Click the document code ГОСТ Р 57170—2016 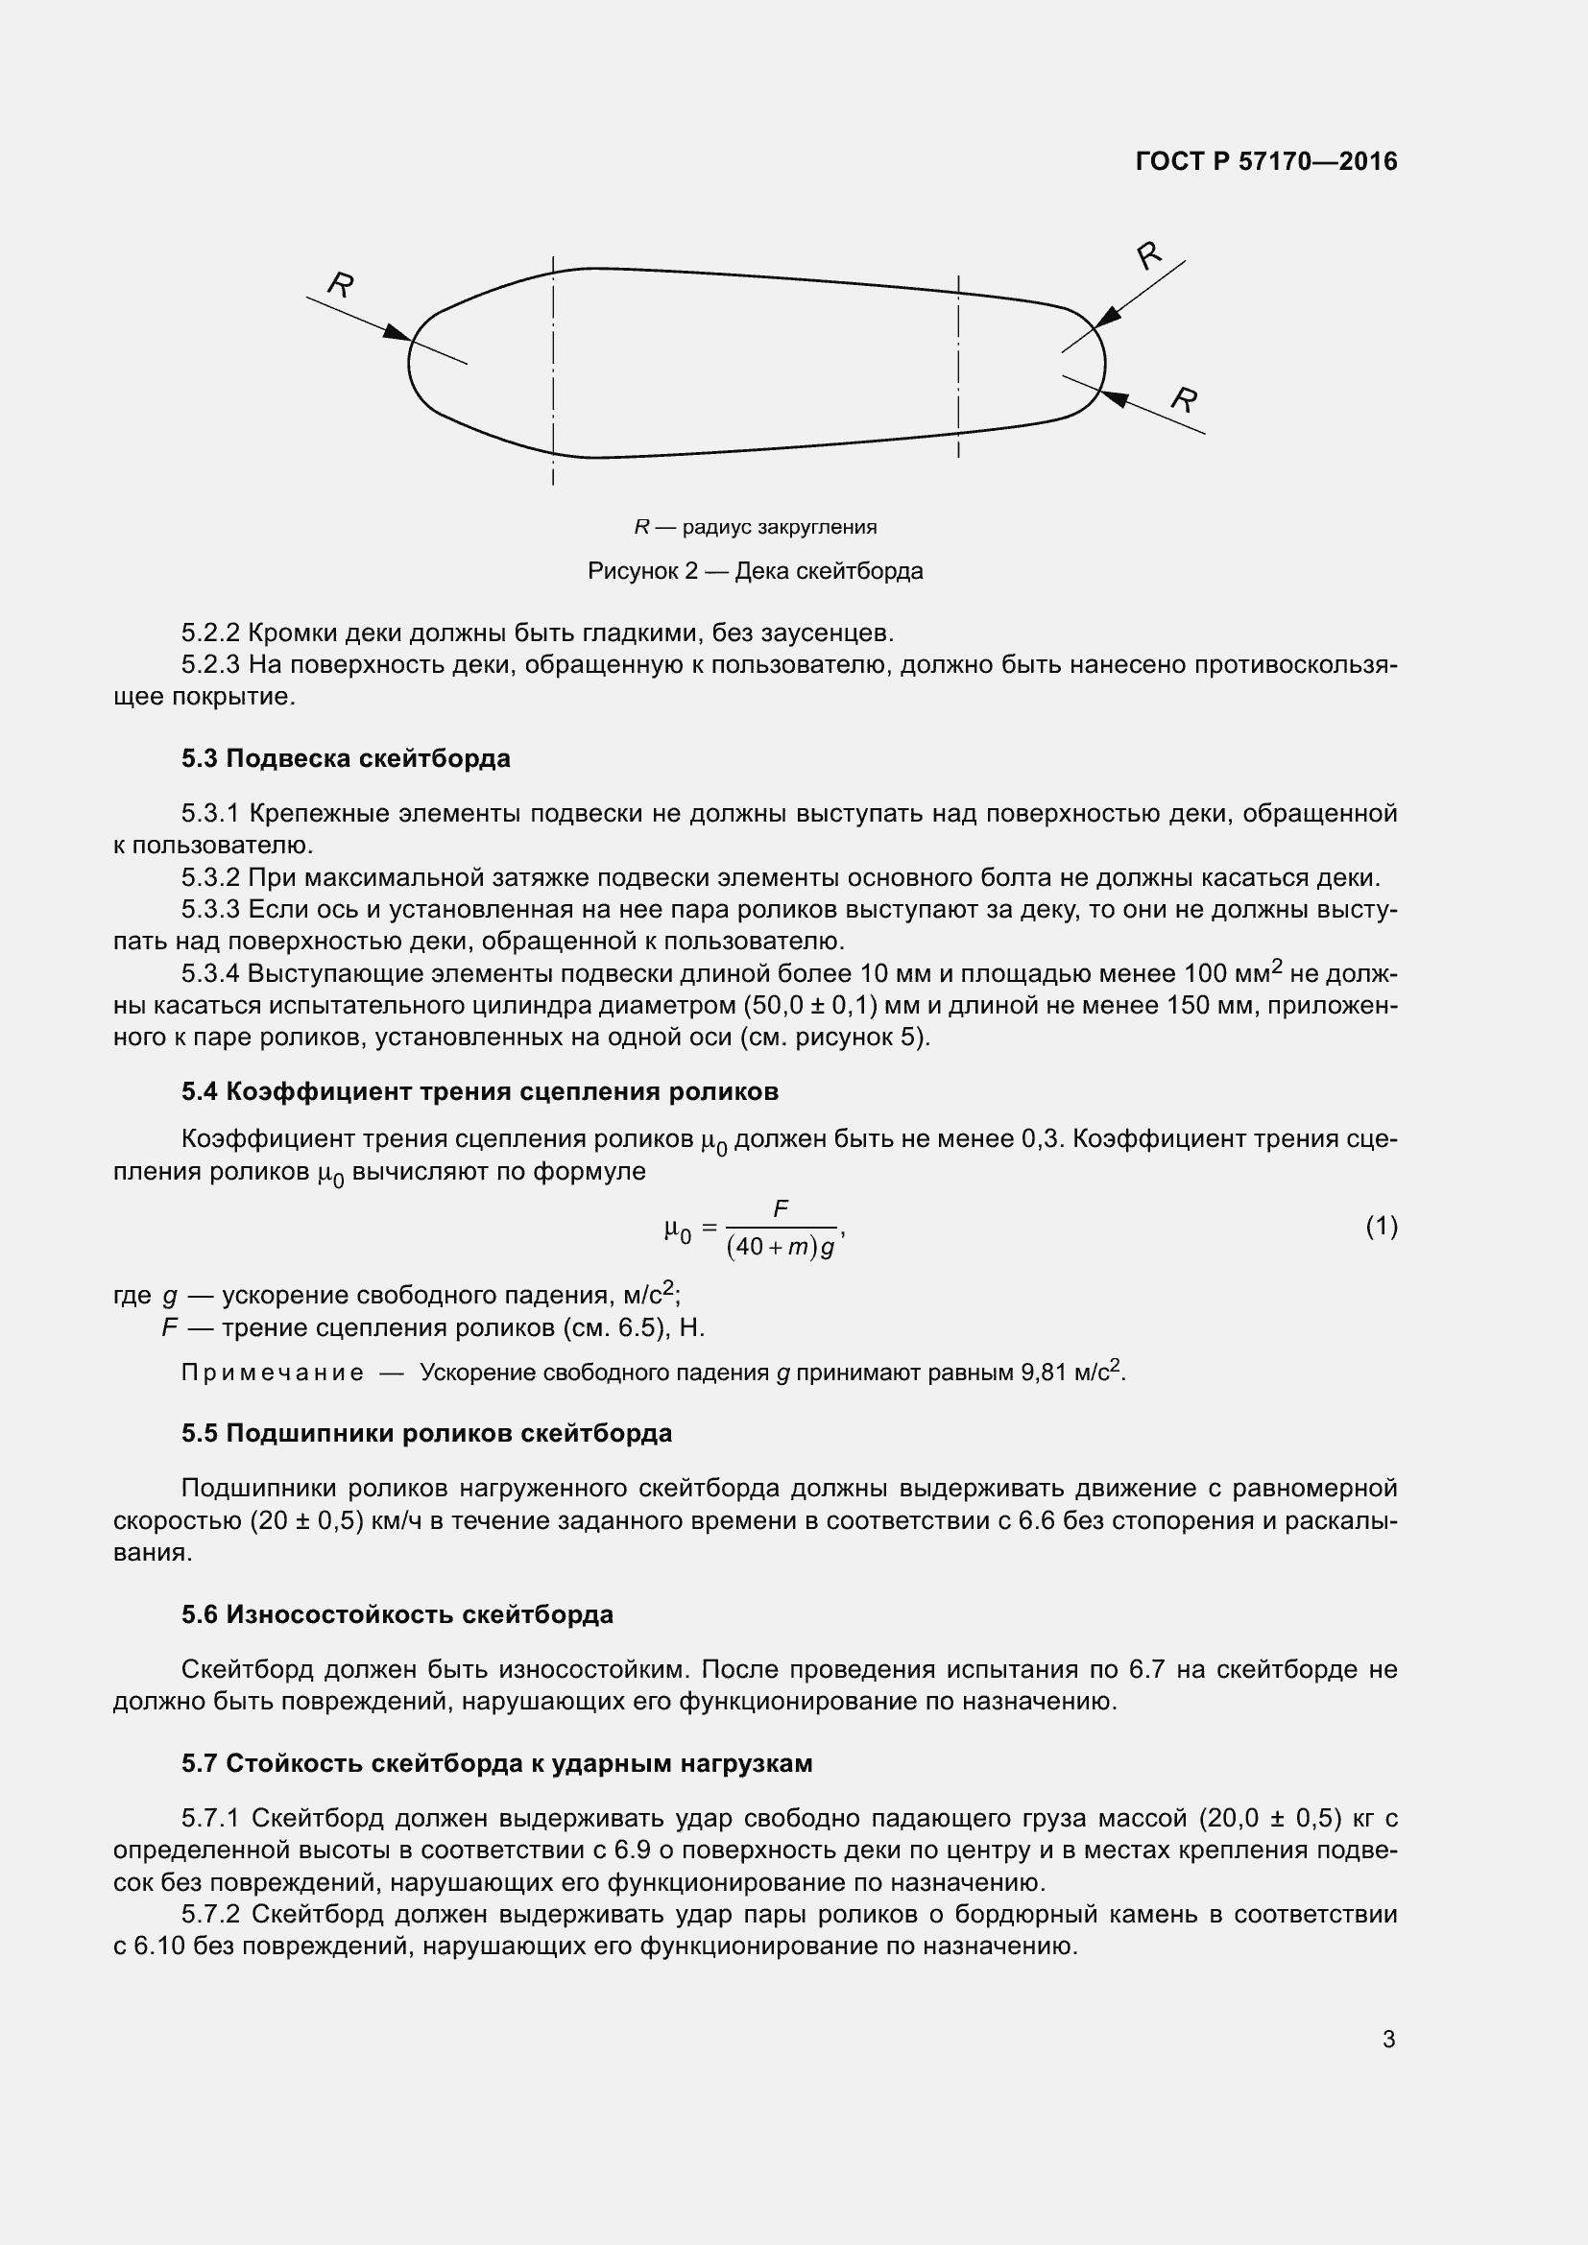pyautogui.click(x=1266, y=161)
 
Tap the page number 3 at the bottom pyautogui.click(x=1388, y=2040)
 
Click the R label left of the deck pyautogui.click(x=340, y=284)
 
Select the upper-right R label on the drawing pyautogui.click(x=1150, y=255)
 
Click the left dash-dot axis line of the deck pyautogui.click(x=553, y=371)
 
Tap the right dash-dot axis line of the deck pyautogui.click(x=958, y=367)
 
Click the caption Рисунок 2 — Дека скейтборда pyautogui.click(x=755, y=571)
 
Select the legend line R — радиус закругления pyautogui.click(x=755, y=527)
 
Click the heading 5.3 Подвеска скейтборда pyautogui.click(x=346, y=759)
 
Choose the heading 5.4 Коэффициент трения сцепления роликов pyautogui.click(x=479, y=1092)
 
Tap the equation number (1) pyautogui.click(x=1381, y=1226)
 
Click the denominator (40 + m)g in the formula pyautogui.click(x=781, y=1250)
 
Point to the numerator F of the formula pyautogui.click(x=781, y=1209)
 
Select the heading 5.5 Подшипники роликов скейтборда pyautogui.click(x=426, y=1433)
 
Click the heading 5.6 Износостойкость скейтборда pyautogui.click(x=397, y=1614)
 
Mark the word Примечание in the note pyautogui.click(x=273, y=1373)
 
